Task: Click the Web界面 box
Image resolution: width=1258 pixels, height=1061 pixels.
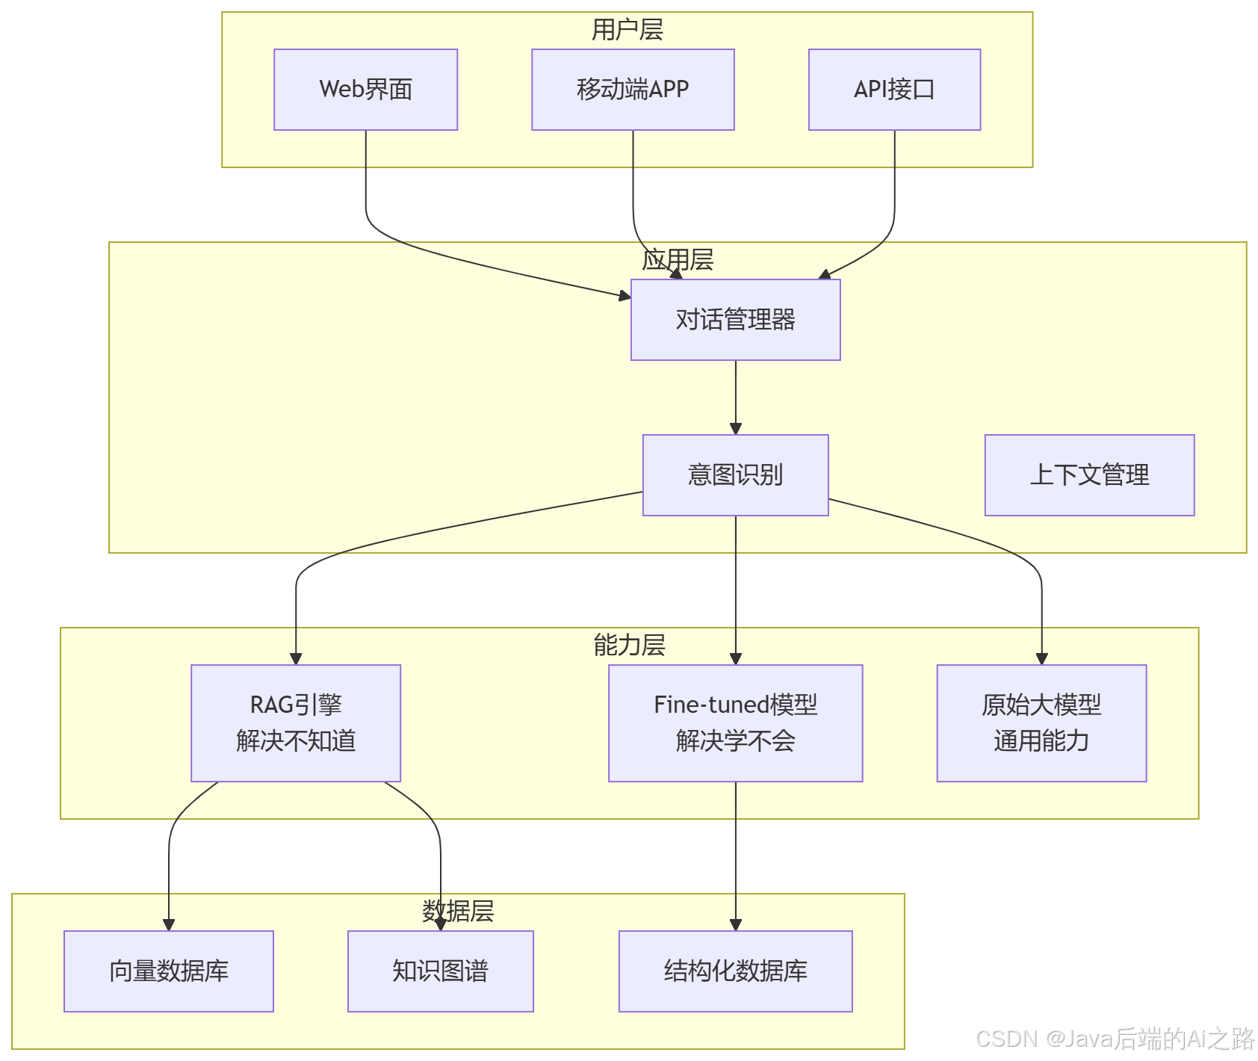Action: click(365, 90)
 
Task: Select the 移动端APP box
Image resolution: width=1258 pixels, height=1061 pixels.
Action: click(633, 90)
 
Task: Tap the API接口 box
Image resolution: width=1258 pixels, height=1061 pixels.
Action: click(894, 90)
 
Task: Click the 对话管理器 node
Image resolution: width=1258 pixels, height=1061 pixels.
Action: click(735, 320)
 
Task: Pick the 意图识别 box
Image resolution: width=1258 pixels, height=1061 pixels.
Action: click(735, 475)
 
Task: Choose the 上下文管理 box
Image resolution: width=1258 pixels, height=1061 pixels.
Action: click(1089, 475)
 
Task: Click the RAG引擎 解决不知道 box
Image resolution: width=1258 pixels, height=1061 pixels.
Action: click(296, 723)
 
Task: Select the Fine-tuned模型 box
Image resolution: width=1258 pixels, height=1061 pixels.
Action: click(735, 723)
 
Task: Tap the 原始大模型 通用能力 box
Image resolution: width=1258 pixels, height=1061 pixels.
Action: click(1041, 723)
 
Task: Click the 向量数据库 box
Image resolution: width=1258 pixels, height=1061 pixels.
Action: click(169, 971)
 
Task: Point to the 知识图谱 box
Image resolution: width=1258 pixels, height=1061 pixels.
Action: click(440, 971)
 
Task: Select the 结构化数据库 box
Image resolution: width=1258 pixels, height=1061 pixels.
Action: click(735, 971)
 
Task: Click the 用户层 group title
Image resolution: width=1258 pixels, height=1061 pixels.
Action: click(628, 30)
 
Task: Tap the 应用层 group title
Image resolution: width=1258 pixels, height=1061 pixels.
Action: click(678, 260)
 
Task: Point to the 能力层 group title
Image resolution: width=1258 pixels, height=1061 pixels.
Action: click(629, 645)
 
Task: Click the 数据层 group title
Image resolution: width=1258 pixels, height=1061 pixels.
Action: click(458, 911)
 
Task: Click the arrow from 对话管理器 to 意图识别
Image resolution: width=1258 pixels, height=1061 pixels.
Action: click(736, 396)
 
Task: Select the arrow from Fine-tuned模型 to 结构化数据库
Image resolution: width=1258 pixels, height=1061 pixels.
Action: click(736, 852)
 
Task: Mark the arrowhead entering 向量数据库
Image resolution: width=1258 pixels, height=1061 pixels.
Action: click(169, 925)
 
